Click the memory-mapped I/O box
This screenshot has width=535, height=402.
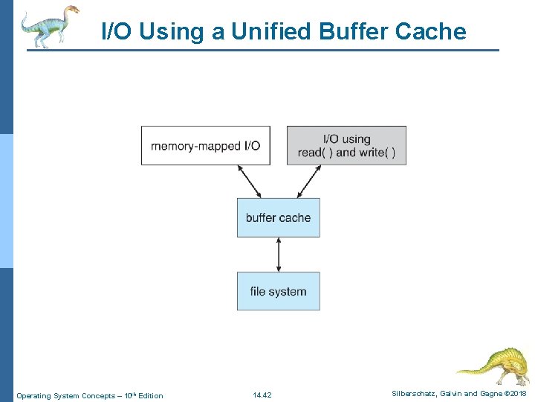tap(206, 145)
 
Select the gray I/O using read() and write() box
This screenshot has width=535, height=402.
tap(346, 145)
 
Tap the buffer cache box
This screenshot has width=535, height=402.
tap(278, 217)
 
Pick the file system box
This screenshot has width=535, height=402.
tap(278, 291)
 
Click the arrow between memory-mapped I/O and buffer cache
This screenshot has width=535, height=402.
tap(250, 182)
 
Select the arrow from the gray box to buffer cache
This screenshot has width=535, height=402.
tap(307, 182)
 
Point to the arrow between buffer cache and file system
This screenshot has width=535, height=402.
tap(279, 255)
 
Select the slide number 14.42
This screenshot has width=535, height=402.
tap(262, 395)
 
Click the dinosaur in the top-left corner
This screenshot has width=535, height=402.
tap(50, 25)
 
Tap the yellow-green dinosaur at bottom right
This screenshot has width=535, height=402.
tap(493, 365)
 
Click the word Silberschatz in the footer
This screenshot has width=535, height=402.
tap(414, 393)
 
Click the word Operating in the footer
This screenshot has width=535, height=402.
tap(33, 395)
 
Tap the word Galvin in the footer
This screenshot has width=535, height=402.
tap(454, 393)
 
